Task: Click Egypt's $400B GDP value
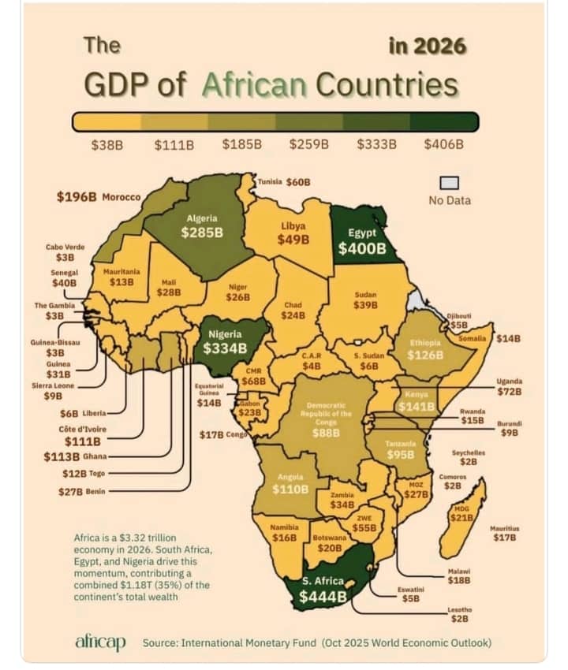(361, 249)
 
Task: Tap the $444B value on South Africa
(323, 597)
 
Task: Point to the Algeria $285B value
(202, 233)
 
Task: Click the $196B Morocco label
(99, 196)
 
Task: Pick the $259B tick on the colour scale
(308, 144)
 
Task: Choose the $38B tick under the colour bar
(108, 144)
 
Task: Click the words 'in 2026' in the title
(427, 46)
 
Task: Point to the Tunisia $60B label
(284, 182)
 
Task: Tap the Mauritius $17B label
(503, 533)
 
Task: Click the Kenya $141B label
(416, 406)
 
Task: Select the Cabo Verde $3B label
(65, 252)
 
